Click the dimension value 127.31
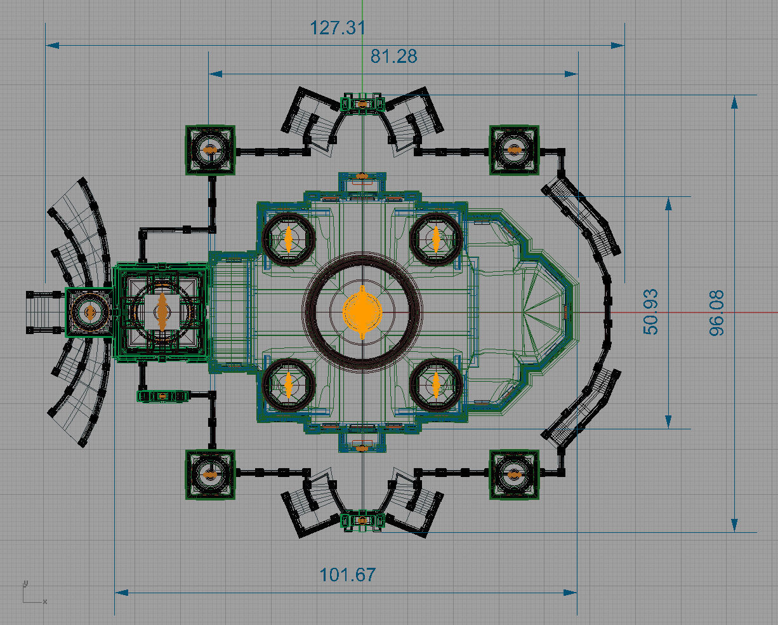click(x=338, y=28)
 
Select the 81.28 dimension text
click(x=393, y=57)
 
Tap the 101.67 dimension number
click(x=348, y=575)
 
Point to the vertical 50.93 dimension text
click(x=650, y=312)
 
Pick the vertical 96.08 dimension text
click(x=716, y=313)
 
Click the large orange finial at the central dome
click(x=362, y=312)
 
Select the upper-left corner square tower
click(x=210, y=150)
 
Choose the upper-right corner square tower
click(x=514, y=150)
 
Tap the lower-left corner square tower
click(x=210, y=474)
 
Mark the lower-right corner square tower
click(x=514, y=474)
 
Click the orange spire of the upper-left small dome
click(x=288, y=239)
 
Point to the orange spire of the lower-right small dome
click(x=436, y=386)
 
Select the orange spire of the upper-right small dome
click(x=436, y=239)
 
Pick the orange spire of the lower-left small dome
click(x=288, y=386)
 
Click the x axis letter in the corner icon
click(x=45, y=601)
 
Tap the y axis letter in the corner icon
click(x=25, y=583)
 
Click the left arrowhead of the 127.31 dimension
click(x=53, y=45)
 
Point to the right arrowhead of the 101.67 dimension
click(x=570, y=593)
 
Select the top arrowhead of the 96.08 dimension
click(x=734, y=102)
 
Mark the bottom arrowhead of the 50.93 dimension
click(x=668, y=422)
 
